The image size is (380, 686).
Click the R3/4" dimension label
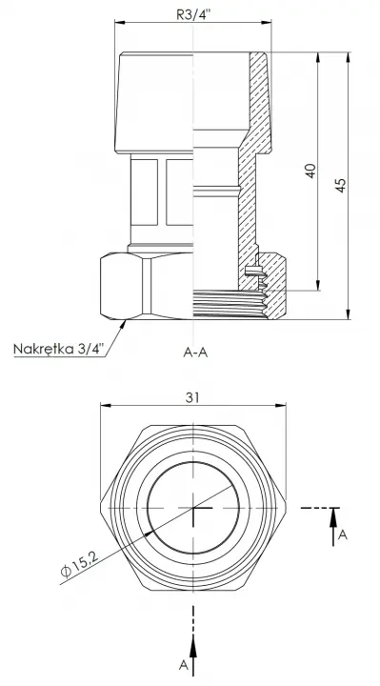(193, 14)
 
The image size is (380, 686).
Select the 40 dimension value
(310, 171)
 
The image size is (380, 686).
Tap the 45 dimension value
(341, 185)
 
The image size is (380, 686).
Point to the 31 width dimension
(192, 397)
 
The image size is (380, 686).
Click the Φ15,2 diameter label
(80, 564)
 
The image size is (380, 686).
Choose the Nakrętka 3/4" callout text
(59, 349)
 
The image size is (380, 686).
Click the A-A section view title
(195, 353)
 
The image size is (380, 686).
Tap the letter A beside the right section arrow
(343, 535)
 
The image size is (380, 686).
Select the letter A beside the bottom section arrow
(184, 665)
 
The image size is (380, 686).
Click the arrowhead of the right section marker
(333, 516)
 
